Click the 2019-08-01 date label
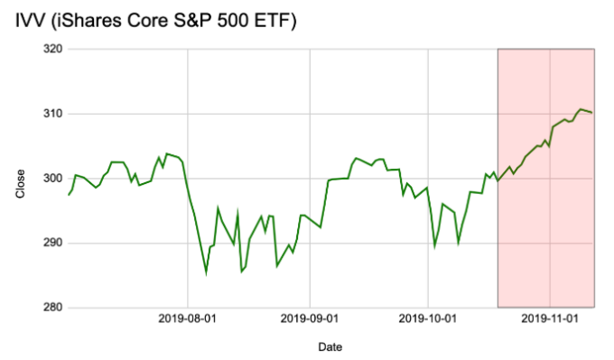188,318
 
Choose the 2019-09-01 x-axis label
310,318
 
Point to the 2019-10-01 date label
428,318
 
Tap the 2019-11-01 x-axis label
550,318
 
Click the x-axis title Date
330,346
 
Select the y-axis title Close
21,180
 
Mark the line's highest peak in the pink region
581,109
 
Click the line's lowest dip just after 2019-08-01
206,272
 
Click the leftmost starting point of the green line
68,195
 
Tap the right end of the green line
592,112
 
